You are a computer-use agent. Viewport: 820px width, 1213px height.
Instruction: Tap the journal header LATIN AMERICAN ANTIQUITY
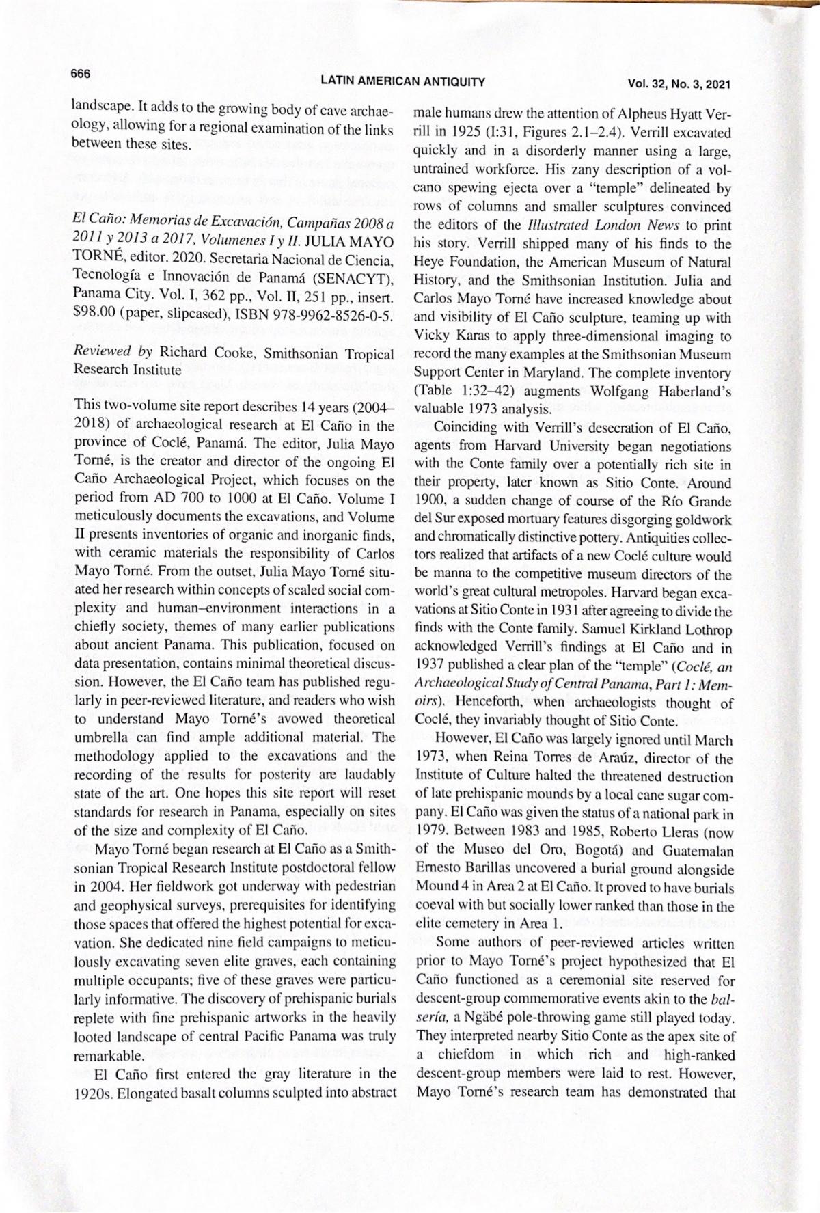(402, 82)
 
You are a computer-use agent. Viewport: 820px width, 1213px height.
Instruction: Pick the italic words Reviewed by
(113, 353)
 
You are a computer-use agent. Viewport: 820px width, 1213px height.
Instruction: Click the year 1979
(432, 832)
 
